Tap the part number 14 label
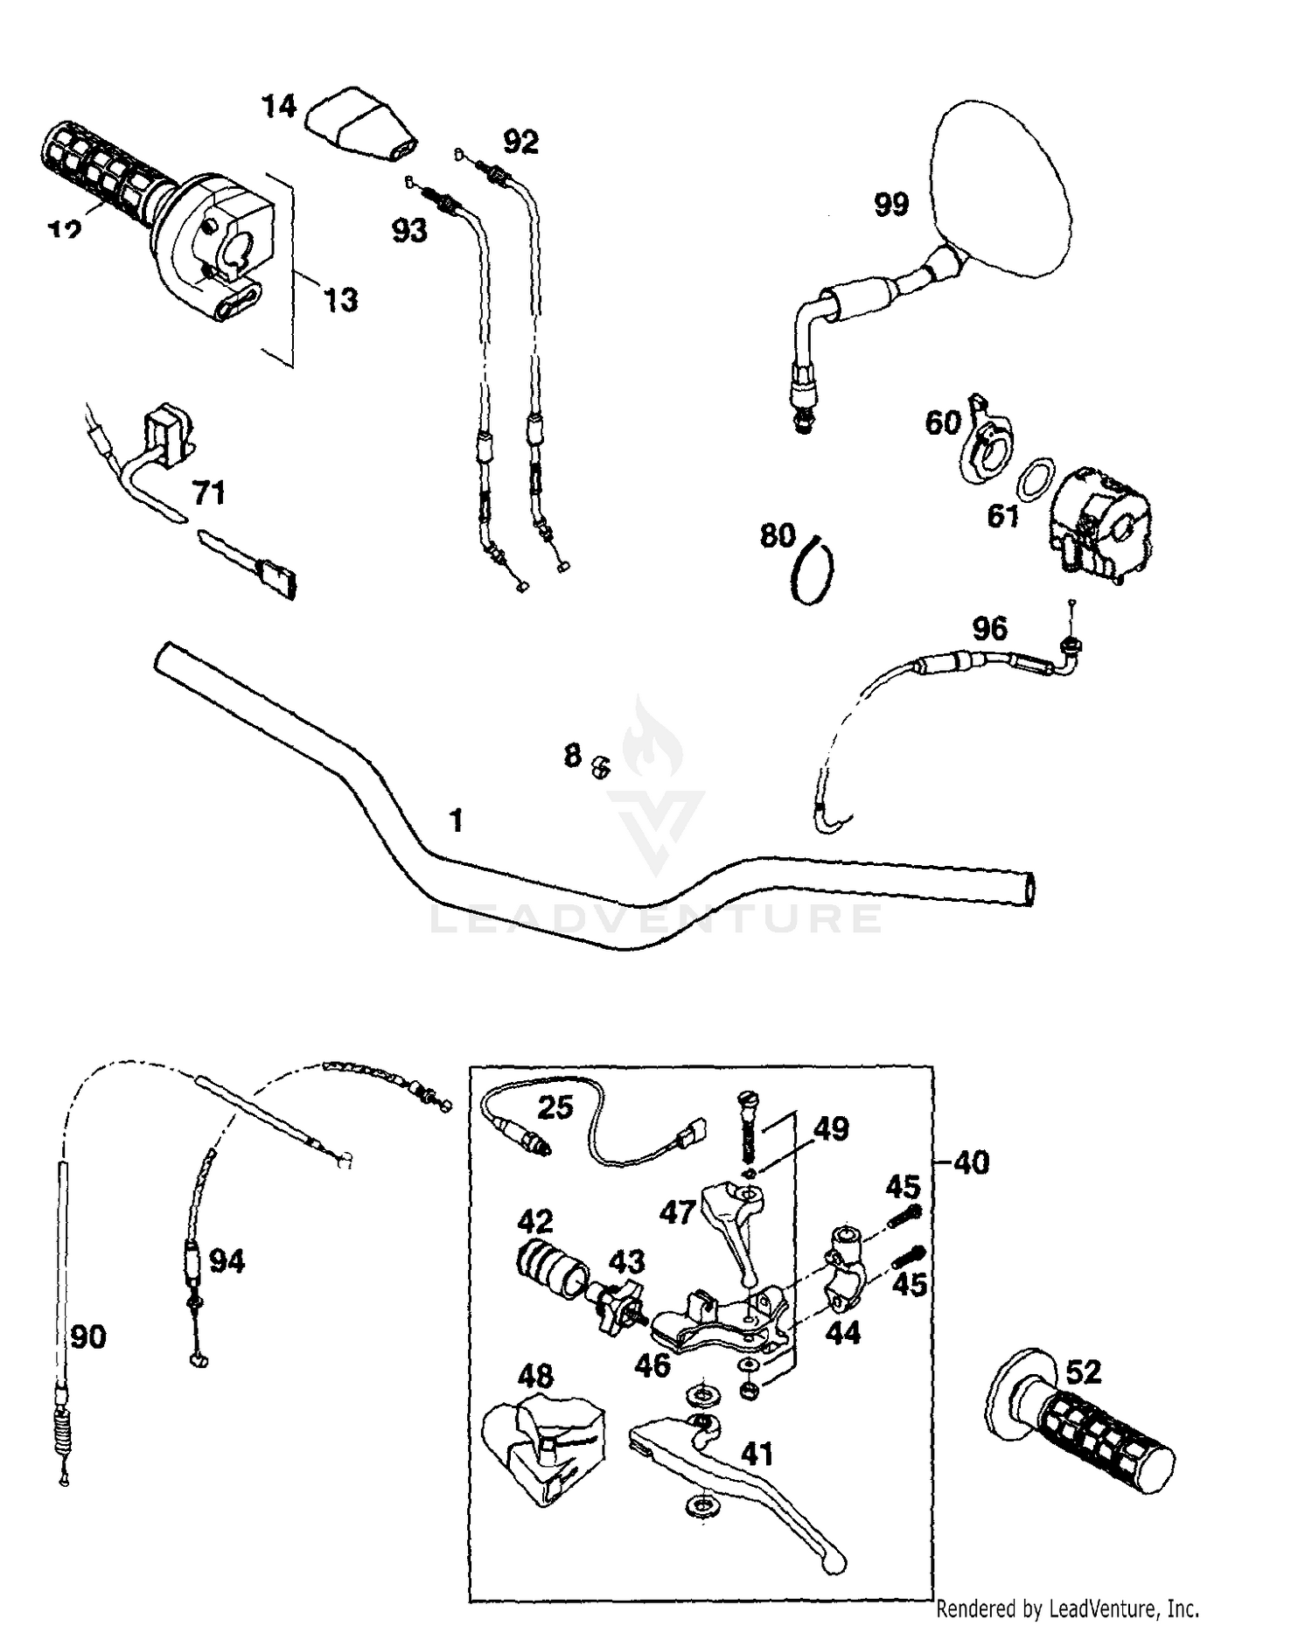click(279, 108)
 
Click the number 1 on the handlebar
click(456, 820)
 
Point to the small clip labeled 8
click(600, 765)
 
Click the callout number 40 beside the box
click(970, 1162)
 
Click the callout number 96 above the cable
click(989, 628)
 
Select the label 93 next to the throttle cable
click(408, 230)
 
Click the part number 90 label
click(88, 1336)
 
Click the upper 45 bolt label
click(903, 1187)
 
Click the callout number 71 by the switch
click(209, 493)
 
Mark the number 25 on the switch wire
click(555, 1107)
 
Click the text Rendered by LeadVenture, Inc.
click(1067, 1608)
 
